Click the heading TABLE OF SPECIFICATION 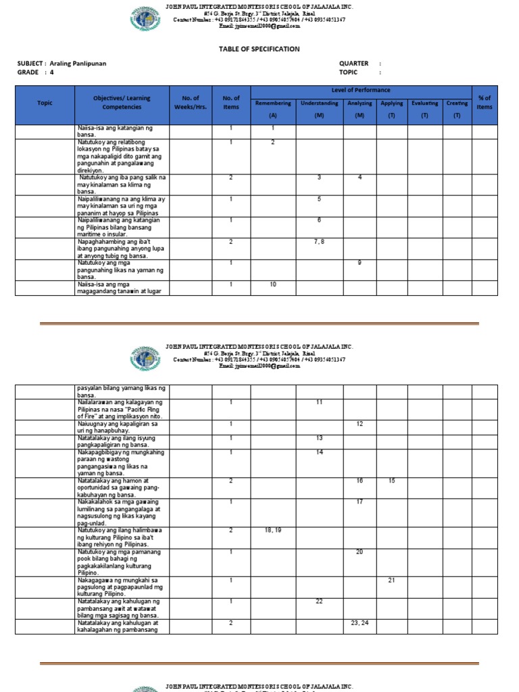259,49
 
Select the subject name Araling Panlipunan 78,64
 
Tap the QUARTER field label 353,64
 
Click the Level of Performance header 361,91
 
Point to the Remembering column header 273,103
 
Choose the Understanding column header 320,103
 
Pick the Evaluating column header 425,103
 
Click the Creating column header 457,103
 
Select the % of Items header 484,103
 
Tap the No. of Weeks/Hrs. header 191,103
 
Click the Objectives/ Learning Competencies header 122,103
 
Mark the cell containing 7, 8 320,241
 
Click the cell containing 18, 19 273,530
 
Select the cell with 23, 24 360,622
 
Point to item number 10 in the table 273,285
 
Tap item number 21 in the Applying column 391,580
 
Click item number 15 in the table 391,480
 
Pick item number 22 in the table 320,601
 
